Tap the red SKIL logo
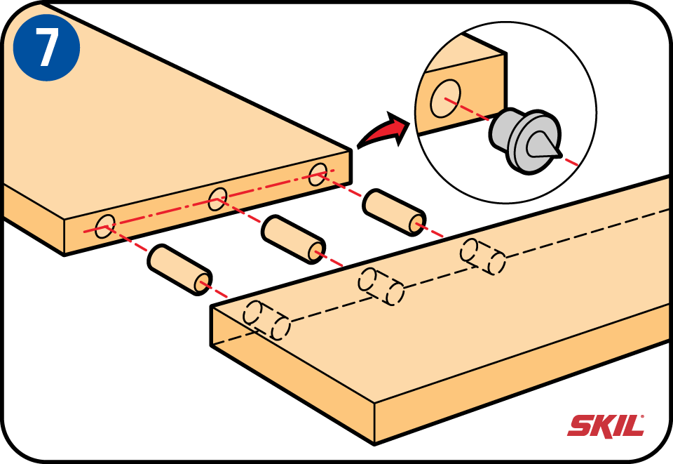click(605, 425)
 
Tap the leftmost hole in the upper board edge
click(105, 227)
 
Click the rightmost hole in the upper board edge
click(319, 174)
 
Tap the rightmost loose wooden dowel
click(395, 210)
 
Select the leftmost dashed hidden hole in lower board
click(266, 319)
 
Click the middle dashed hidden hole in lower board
click(381, 286)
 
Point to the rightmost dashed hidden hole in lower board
click(483, 257)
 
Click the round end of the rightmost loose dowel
click(416, 223)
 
